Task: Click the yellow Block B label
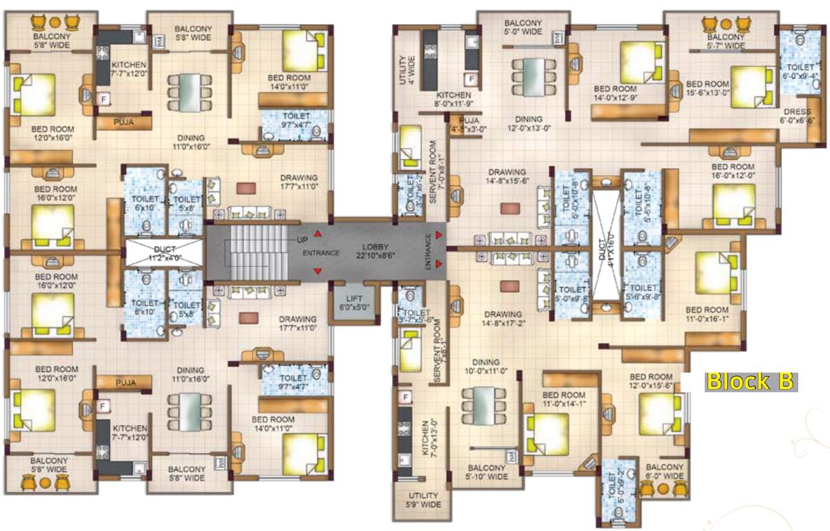(x=749, y=382)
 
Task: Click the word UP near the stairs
(x=302, y=239)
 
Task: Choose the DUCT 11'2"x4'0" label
(x=163, y=252)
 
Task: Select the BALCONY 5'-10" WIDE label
(x=487, y=472)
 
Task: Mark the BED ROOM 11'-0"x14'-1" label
(x=566, y=400)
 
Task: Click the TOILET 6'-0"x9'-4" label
(x=802, y=72)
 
